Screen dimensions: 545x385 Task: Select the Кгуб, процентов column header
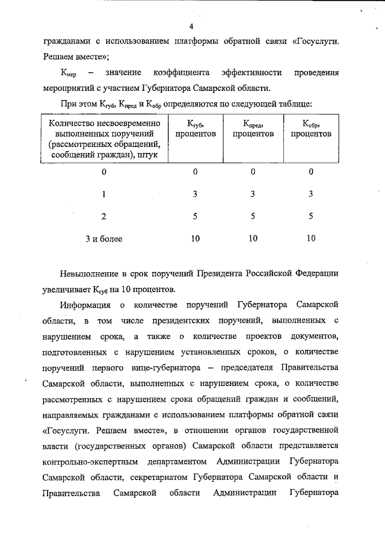point(196,128)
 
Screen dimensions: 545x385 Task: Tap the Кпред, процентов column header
point(253,128)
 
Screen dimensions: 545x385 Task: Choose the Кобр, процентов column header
point(310,128)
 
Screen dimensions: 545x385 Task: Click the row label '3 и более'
point(103,239)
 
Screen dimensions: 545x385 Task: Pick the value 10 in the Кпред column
point(253,239)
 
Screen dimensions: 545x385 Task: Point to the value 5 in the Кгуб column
point(195,217)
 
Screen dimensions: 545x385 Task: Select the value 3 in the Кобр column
point(310,195)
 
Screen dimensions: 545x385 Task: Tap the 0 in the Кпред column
point(253,172)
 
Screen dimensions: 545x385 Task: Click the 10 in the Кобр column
point(310,239)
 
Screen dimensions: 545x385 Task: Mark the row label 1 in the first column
point(103,195)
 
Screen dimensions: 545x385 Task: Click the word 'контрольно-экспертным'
point(90,461)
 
